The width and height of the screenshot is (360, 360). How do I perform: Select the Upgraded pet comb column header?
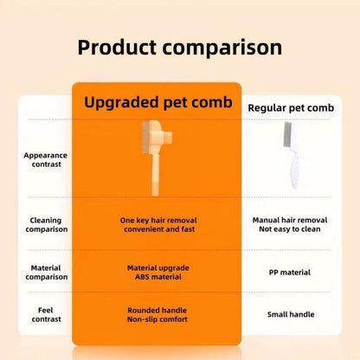click(x=158, y=102)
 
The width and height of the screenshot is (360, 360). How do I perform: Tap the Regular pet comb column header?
click(x=291, y=107)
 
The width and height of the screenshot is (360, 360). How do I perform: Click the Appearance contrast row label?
click(x=45, y=159)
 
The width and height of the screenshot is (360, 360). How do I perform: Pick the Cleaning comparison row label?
click(x=45, y=225)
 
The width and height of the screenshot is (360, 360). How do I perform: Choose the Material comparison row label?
click(x=45, y=273)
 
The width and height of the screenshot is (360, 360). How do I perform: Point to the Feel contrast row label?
click(x=45, y=314)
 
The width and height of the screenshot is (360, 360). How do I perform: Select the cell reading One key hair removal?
click(x=158, y=225)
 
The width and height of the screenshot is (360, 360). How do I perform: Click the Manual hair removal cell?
click(x=290, y=225)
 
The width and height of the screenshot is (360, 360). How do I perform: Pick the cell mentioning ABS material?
click(x=158, y=273)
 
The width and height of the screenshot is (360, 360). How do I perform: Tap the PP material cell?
click(x=290, y=273)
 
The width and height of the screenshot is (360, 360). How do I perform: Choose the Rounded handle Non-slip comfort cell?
click(x=158, y=314)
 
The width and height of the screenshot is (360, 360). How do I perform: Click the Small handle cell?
click(x=290, y=314)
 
